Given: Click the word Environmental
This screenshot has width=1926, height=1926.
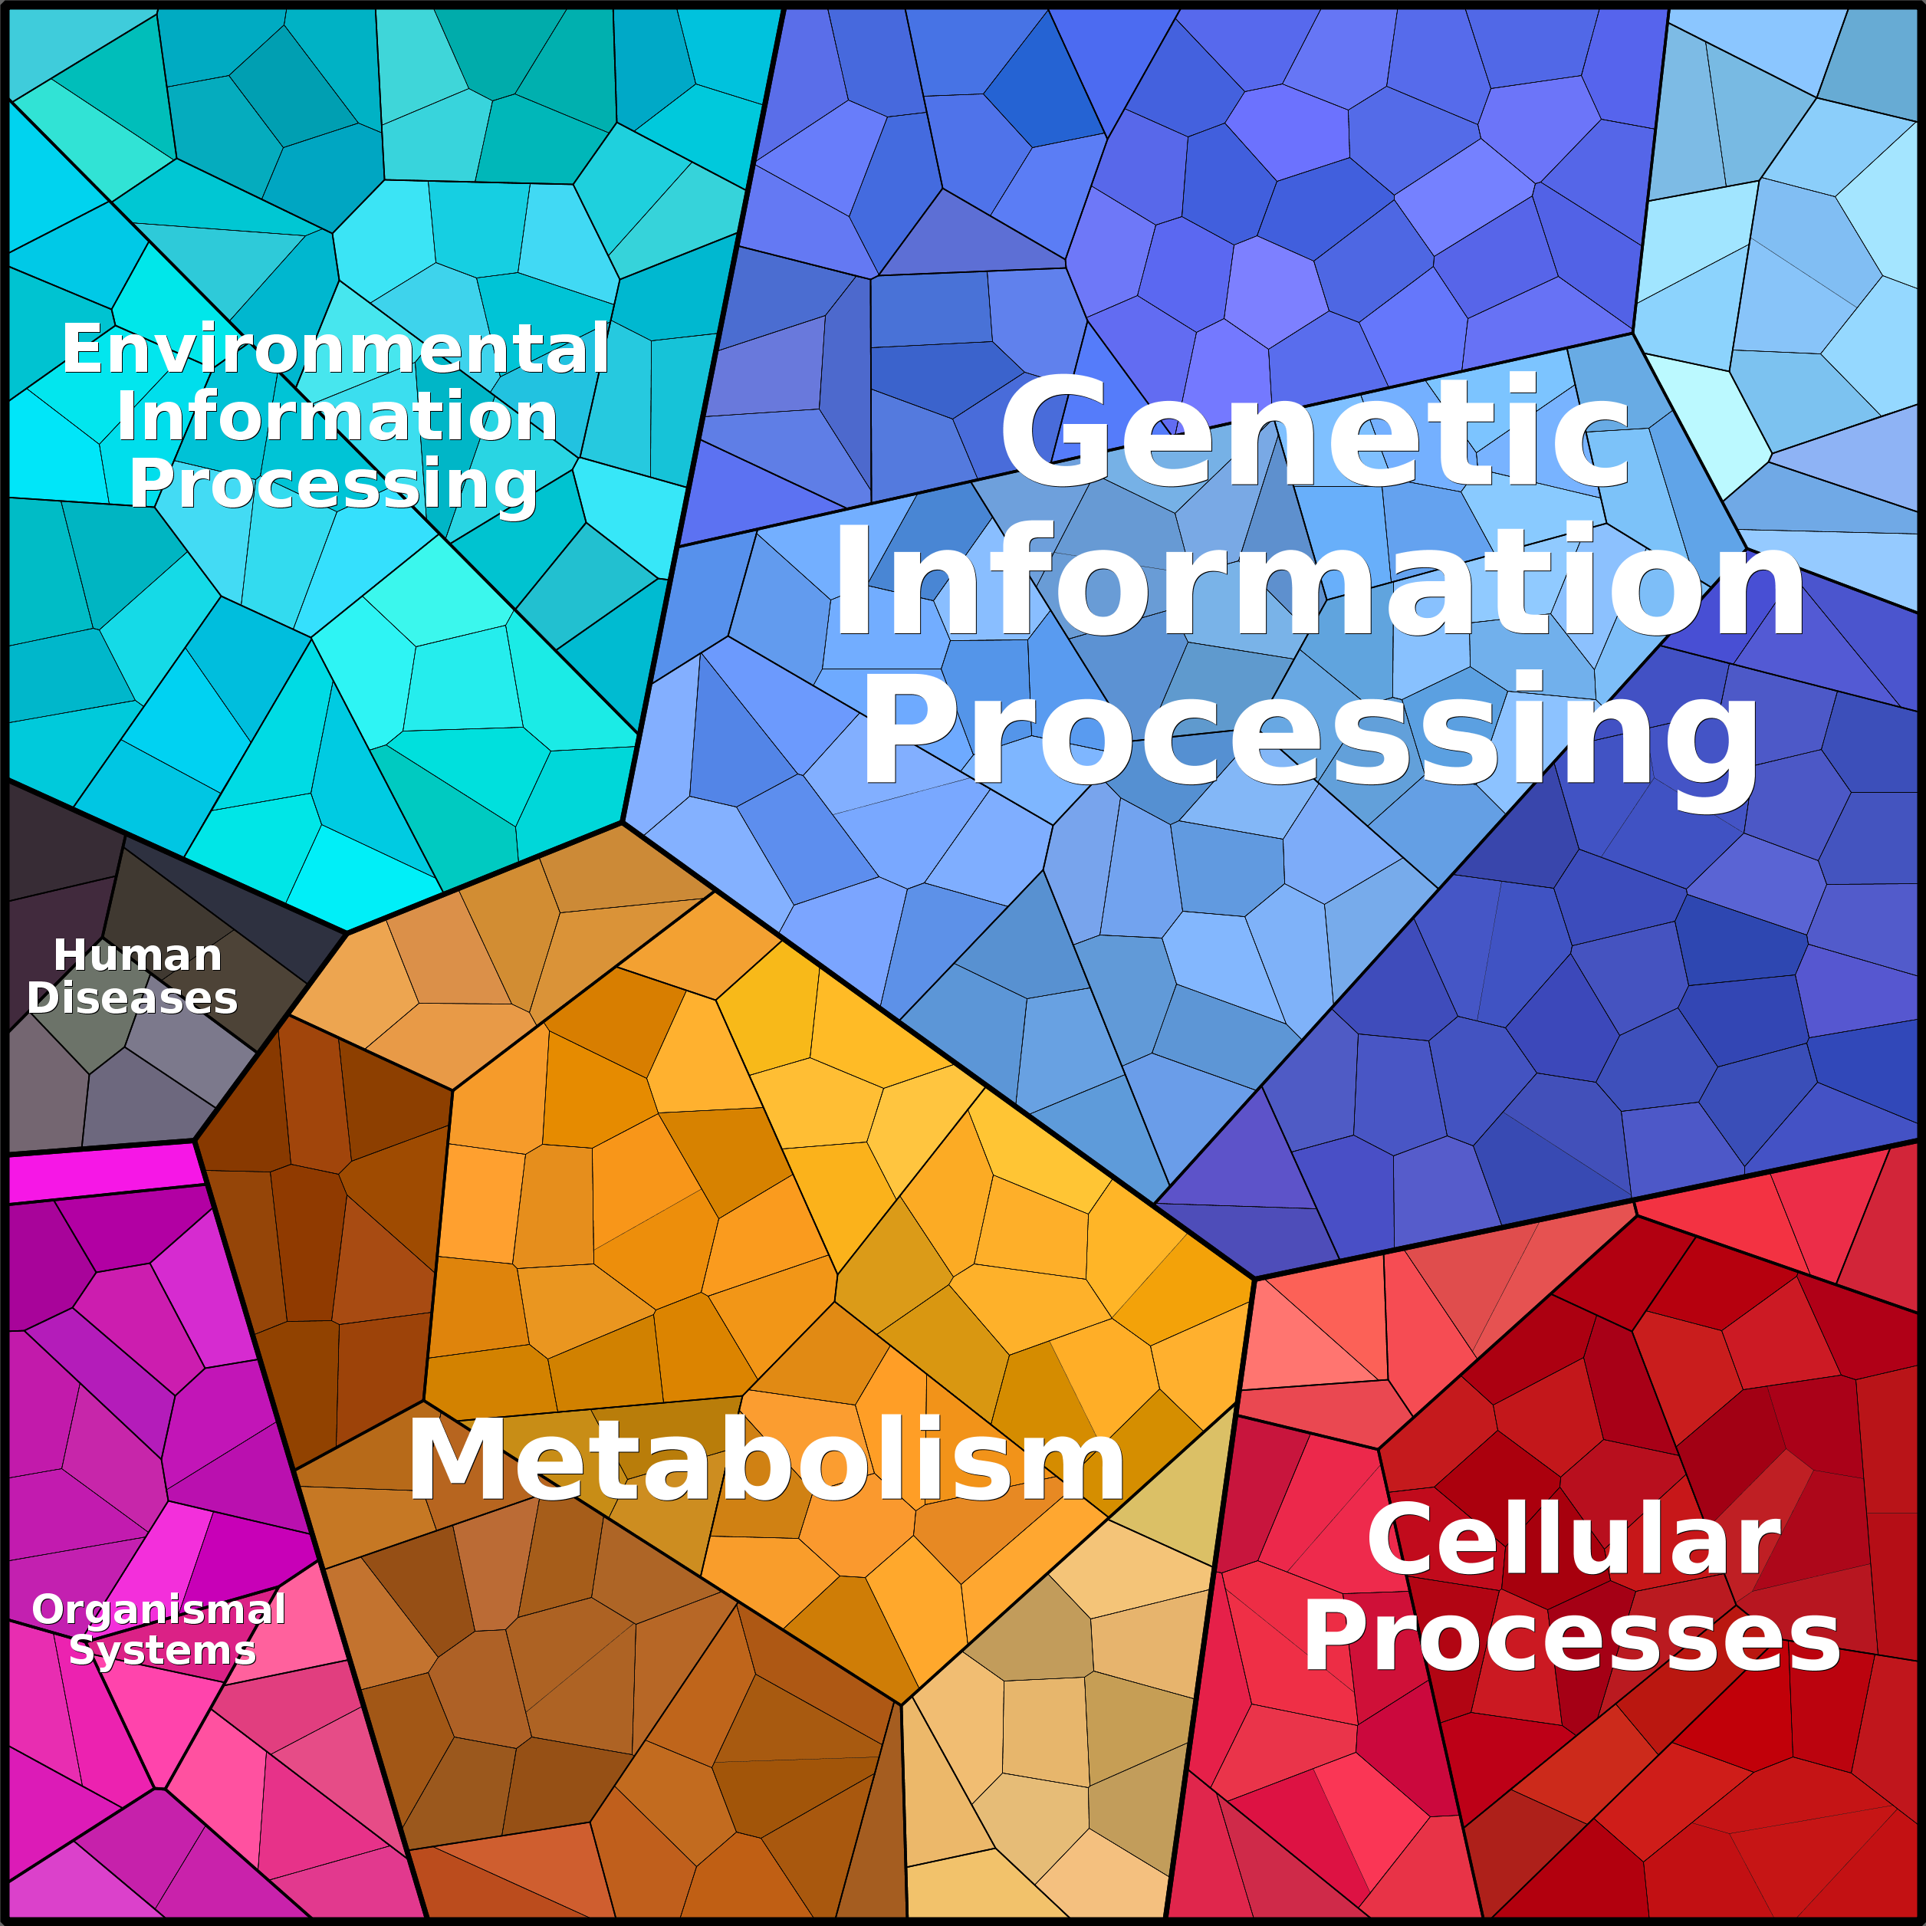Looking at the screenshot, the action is pos(336,349).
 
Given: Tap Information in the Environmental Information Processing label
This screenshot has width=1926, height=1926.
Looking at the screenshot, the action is pos(337,416).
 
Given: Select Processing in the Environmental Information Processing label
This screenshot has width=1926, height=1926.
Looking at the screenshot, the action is pos(334,485).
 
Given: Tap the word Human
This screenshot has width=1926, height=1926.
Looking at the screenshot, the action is pos(137,955).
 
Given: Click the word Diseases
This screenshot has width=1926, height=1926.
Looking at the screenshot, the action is pos(133,998).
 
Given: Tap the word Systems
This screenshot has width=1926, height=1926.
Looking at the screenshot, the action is pos(163,1651).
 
